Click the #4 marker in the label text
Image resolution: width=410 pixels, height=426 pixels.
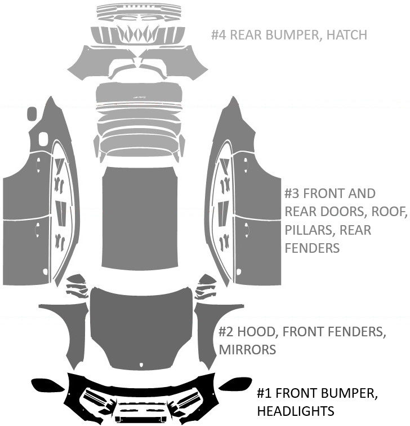219,35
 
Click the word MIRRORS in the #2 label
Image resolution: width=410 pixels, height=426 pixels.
247,350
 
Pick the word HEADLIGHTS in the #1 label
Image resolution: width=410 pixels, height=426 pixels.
296,410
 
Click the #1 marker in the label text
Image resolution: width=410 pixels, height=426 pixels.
265,392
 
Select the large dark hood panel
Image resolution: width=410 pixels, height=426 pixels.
141,327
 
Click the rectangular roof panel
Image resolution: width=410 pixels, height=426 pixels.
139,217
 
